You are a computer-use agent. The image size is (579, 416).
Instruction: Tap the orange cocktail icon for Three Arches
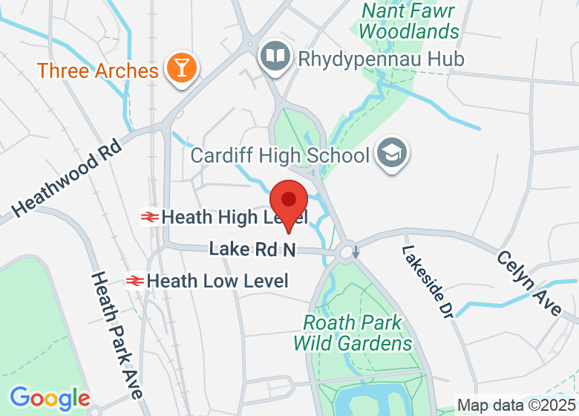coord(180,68)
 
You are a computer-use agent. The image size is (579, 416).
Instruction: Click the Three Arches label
coord(98,71)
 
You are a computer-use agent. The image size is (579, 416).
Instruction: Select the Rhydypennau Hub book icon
coord(275,56)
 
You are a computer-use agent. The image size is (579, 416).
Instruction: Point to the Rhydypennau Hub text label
coord(381,59)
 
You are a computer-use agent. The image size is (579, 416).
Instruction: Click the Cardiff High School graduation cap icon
coord(388,154)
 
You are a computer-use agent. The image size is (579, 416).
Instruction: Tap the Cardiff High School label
coord(280,156)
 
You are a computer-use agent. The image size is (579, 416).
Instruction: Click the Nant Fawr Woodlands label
coord(410,22)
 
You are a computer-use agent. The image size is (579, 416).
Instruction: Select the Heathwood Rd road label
coord(66,183)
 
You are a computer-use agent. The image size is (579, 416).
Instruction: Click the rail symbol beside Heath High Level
coord(149,217)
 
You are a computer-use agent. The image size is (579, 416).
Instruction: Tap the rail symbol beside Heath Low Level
coord(135,281)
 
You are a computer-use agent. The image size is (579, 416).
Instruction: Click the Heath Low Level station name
coord(217,281)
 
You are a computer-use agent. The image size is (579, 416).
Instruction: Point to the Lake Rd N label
coord(252,250)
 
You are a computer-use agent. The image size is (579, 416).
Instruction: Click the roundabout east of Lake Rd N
coord(347,253)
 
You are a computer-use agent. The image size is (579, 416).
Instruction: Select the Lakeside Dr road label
coord(428,282)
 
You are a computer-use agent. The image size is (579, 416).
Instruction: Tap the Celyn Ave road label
coord(529,283)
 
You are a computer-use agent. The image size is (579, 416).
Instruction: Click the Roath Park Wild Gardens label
coord(353,334)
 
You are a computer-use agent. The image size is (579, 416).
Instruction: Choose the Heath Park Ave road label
coord(117,334)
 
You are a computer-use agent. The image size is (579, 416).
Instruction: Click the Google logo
coord(50,398)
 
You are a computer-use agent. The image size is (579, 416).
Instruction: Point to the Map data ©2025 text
coord(515,406)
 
